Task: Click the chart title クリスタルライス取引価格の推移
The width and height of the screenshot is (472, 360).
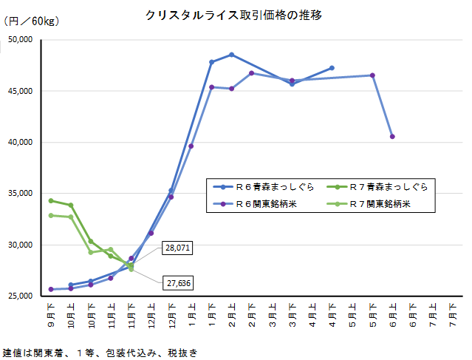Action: coord(234,15)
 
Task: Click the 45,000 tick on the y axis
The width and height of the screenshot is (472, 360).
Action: coord(19,91)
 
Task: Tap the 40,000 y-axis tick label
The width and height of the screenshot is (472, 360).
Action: coord(19,142)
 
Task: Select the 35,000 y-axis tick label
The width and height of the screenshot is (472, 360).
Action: coord(19,194)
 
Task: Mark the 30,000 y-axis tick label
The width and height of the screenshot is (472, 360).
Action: coord(19,245)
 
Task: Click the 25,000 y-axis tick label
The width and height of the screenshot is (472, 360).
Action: coord(19,296)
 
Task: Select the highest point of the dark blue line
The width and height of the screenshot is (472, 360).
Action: coord(232,55)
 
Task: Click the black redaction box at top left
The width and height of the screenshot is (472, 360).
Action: coord(21,47)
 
